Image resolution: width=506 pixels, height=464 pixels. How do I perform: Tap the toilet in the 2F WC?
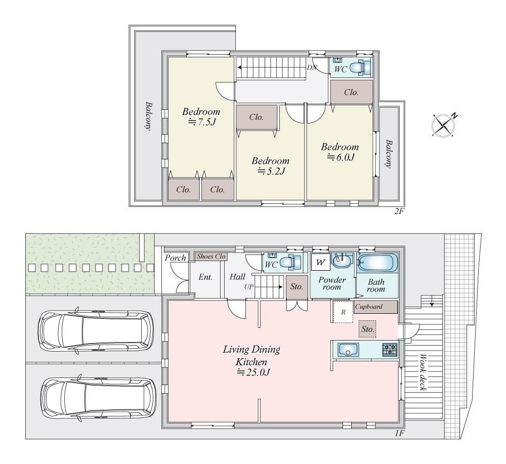[x=360, y=67]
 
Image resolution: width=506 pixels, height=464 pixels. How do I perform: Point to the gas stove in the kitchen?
[x=390, y=350]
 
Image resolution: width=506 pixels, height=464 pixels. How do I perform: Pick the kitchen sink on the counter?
[x=348, y=350]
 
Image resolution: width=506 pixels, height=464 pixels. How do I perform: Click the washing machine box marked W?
[x=320, y=262]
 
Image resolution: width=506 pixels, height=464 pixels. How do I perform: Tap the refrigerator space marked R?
[x=343, y=312]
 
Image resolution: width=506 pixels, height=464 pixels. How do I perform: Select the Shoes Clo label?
[x=211, y=257]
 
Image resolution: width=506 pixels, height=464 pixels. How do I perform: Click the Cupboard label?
[x=369, y=307]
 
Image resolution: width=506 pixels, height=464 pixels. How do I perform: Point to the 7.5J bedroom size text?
[x=202, y=122]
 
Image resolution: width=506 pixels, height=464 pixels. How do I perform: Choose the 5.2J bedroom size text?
[x=271, y=172]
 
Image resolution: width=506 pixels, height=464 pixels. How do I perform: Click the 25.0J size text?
[x=254, y=372]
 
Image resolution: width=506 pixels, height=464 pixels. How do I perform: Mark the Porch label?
[x=176, y=258]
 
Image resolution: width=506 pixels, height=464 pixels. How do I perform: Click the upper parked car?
[x=96, y=331]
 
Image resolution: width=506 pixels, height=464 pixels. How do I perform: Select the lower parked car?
[x=99, y=399]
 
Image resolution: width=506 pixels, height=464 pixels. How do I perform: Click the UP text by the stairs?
[x=249, y=286]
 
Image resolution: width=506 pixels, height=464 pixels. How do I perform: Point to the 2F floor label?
[x=399, y=212]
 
